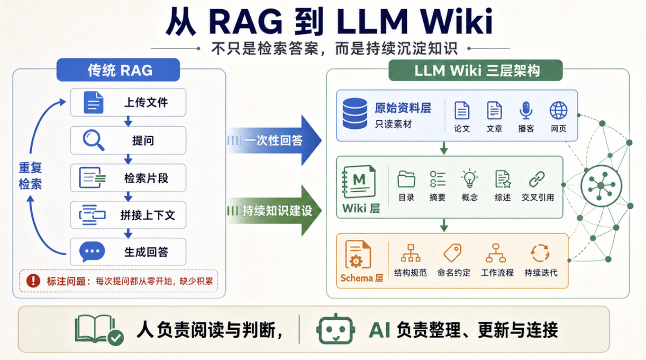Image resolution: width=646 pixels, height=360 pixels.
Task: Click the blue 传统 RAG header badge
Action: coord(118,70)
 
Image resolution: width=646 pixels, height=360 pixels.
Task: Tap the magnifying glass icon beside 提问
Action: coord(93,140)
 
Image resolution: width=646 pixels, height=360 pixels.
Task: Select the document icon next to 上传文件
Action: coord(93,102)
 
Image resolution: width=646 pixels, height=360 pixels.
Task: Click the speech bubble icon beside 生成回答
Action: coord(92,251)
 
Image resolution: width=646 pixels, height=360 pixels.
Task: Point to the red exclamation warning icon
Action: coord(33,280)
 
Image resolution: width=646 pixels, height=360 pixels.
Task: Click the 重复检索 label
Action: coord(30,176)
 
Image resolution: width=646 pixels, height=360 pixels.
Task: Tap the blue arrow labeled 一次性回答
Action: coord(274,140)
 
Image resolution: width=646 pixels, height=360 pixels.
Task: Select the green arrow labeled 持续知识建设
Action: coord(274,211)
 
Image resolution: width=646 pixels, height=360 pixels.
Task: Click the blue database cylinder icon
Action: coord(355,114)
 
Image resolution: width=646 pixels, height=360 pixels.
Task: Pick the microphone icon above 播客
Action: coord(526,111)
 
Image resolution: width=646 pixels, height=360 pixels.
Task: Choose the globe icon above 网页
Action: coord(558,111)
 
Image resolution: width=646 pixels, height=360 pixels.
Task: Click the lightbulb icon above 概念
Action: coord(469,179)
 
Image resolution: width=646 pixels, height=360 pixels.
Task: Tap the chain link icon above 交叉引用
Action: coord(537,179)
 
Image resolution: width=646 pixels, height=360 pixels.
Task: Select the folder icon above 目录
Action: coord(406,179)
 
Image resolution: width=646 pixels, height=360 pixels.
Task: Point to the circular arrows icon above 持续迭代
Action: coord(540,253)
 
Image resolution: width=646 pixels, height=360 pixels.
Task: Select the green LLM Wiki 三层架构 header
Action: coord(475,70)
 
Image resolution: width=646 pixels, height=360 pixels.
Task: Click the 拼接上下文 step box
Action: coord(128,215)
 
